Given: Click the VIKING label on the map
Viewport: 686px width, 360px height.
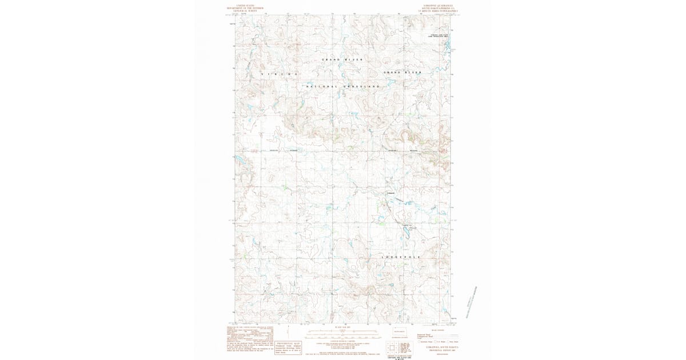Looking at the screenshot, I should click(281, 74).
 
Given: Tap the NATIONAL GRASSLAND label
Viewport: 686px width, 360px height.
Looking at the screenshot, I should click(343, 86).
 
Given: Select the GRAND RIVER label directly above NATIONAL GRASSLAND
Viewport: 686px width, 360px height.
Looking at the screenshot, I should click(342, 59).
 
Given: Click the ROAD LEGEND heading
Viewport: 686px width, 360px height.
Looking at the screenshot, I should click(437, 330).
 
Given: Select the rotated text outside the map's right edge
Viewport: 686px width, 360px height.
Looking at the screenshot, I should click(471, 303).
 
